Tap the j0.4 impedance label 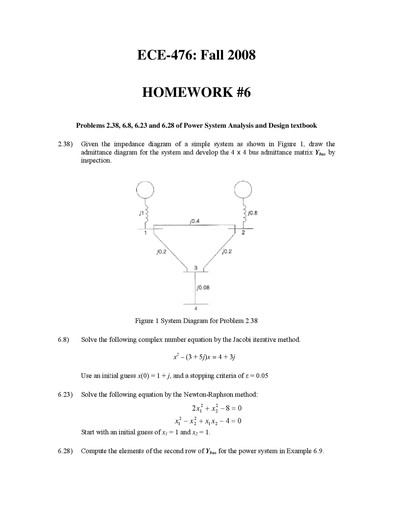195,221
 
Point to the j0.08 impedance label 203,288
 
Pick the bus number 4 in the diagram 196,308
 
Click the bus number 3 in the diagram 196,267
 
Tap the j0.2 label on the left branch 161,252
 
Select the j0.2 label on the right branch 227,251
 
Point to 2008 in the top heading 242,55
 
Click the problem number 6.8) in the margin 63,340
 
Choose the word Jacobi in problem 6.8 242,340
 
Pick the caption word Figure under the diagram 144,321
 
